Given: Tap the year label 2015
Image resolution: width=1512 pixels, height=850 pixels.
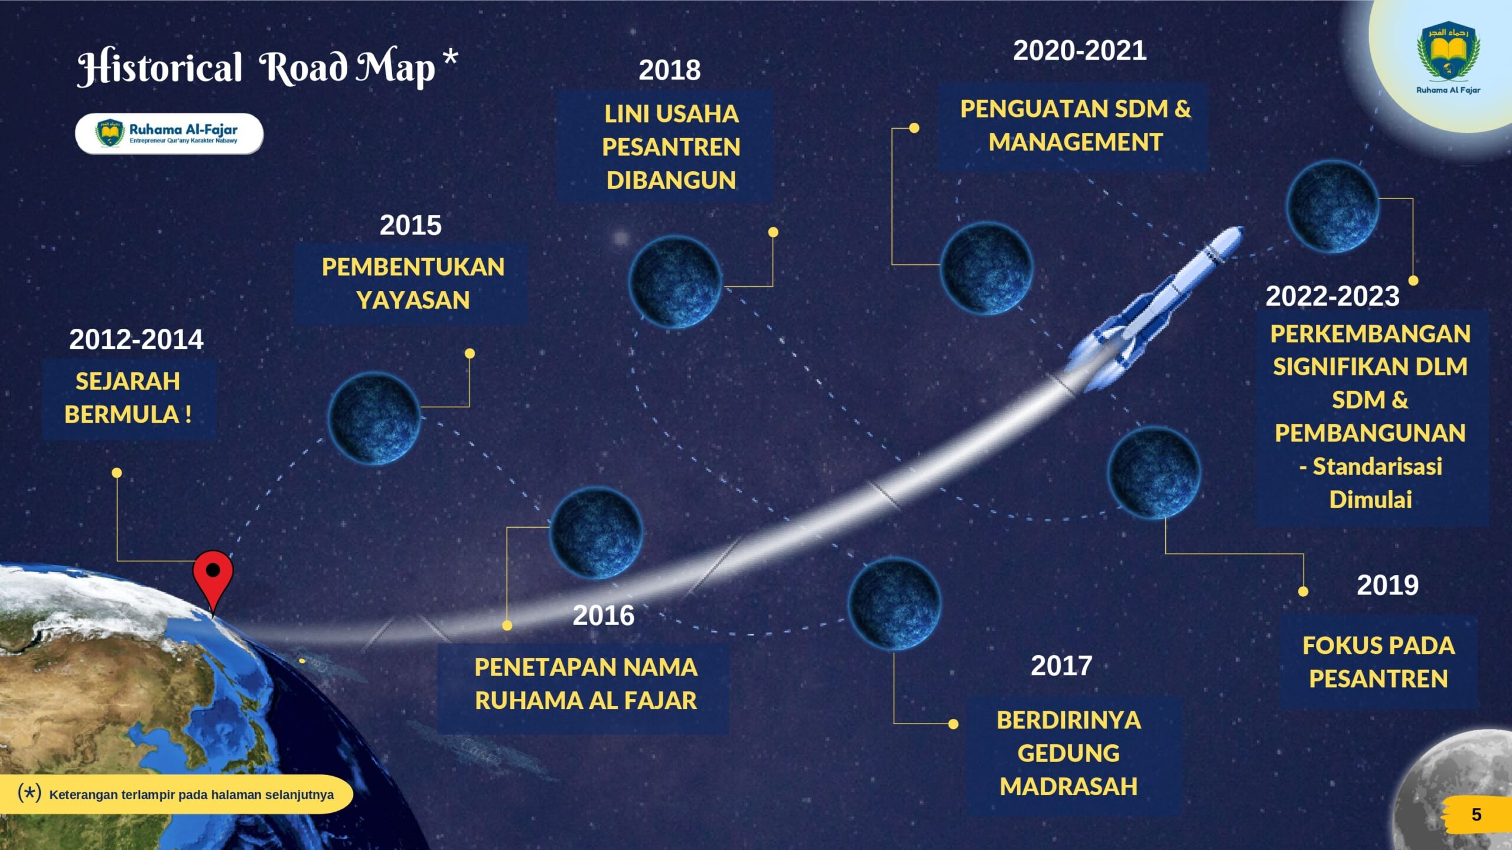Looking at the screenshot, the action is [410, 225].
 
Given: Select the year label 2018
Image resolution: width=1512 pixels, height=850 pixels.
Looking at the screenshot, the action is [670, 70].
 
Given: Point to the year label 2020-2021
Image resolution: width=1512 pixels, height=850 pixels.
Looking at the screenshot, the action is [1080, 50].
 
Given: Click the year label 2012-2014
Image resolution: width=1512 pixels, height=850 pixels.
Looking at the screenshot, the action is [136, 339].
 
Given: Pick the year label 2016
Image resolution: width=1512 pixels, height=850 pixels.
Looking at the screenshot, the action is [604, 615].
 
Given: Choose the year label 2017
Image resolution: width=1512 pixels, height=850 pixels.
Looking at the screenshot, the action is [1061, 665].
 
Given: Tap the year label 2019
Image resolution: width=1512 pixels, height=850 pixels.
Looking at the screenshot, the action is [1387, 585].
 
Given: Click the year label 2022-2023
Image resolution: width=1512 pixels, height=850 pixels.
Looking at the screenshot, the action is [1332, 296].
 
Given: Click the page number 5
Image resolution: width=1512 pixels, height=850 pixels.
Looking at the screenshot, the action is [1476, 815].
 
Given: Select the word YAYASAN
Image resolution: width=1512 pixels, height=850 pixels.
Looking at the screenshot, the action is [413, 300].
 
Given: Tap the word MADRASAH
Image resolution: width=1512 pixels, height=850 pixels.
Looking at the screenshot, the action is [1068, 786].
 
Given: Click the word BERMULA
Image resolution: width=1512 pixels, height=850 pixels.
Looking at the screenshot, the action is [122, 414].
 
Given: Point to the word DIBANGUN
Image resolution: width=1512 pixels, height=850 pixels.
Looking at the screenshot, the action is [671, 180].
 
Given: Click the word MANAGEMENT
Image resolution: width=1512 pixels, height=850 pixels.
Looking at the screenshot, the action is [1076, 142].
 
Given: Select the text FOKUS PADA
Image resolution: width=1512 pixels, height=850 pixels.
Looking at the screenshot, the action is [1379, 645].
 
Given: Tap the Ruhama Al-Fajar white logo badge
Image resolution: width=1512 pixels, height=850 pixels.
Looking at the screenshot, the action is [169, 134].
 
